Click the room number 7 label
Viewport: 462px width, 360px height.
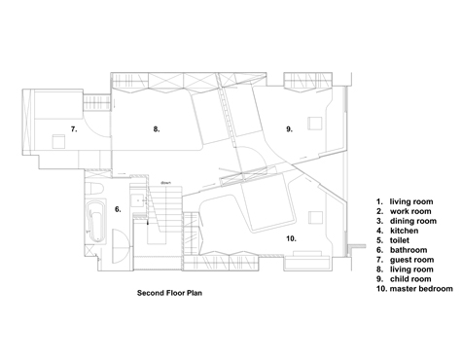click(74, 129)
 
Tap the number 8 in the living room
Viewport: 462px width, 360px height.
click(157, 129)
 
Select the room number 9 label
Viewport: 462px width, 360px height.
click(289, 129)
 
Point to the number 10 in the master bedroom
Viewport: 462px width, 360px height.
click(291, 238)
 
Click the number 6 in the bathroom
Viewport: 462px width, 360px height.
click(118, 209)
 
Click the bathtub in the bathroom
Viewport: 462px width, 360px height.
click(96, 221)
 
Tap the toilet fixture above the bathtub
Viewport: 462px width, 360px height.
click(95, 188)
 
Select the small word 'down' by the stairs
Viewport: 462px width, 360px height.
click(166, 183)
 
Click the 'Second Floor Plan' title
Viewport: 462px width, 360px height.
click(169, 293)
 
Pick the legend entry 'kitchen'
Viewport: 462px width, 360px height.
click(404, 231)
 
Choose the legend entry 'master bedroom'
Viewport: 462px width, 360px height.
click(421, 289)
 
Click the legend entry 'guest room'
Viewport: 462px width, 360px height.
click(411, 260)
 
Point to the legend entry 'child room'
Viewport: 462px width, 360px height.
click(410, 279)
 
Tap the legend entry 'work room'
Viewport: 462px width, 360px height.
click(410, 211)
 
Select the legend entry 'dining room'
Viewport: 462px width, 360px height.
click(413, 221)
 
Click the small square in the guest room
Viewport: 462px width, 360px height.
click(59, 141)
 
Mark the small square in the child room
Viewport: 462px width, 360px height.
click(315, 124)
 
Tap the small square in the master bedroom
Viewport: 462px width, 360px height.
click(315, 217)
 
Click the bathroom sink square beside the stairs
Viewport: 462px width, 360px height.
click(138, 200)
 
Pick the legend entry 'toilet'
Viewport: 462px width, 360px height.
click(400, 240)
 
